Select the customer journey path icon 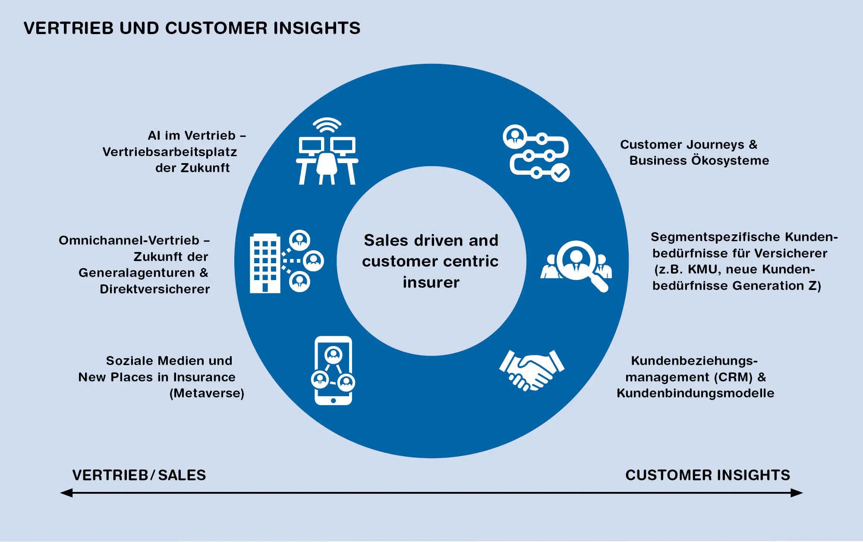tap(536, 153)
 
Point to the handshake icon tap(532, 370)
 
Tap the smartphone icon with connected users tap(333, 371)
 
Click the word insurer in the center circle tap(431, 282)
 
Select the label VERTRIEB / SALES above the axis tap(139, 475)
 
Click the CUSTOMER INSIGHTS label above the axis tap(708, 475)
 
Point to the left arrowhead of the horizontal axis tap(66, 493)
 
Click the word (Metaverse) tap(207, 394)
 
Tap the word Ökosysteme tap(730, 161)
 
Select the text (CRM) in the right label tap(733, 377)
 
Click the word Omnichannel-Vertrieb tap(129, 240)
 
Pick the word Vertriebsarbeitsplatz tap(170, 152)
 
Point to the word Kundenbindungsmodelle tap(695, 393)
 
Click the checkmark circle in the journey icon tap(561, 173)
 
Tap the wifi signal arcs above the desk tap(327, 125)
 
